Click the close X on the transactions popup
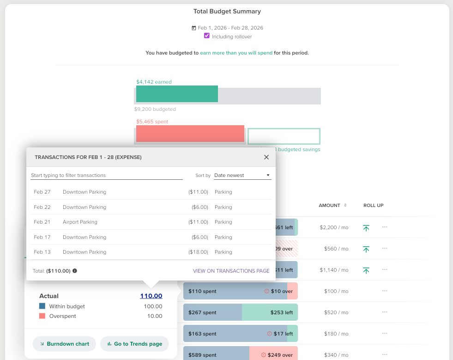click(266, 157)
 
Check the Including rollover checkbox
click(207, 36)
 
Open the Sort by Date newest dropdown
click(242, 176)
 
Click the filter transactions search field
click(107, 176)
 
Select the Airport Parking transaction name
click(80, 222)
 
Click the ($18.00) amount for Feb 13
click(198, 252)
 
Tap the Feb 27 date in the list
click(42, 192)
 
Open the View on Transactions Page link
click(231, 271)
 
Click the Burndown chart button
click(64, 344)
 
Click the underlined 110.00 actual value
click(151, 296)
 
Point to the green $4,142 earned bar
click(176, 94)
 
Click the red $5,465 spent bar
click(190, 134)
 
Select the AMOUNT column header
click(329, 205)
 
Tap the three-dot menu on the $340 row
click(384, 355)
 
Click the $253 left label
click(281, 312)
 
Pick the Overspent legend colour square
click(42, 316)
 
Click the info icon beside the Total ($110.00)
click(75, 271)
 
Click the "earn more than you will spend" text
click(236, 53)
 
